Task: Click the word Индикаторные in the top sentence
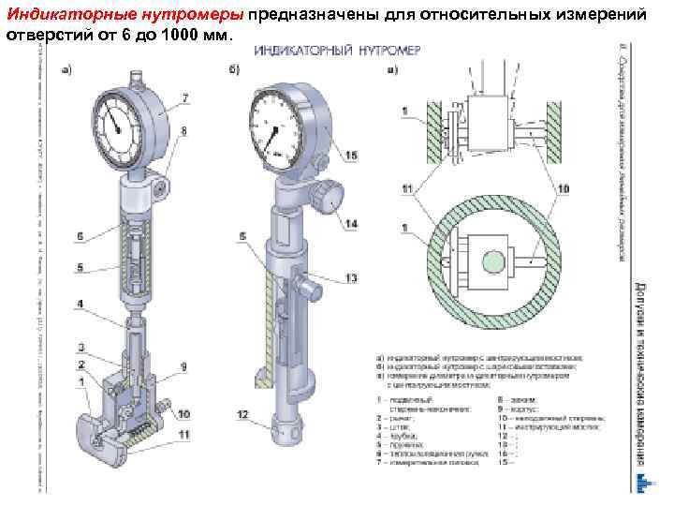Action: point(62,13)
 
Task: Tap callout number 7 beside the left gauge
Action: point(184,98)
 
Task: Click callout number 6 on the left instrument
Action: point(81,236)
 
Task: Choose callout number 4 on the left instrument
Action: point(81,304)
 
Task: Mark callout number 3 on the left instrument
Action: point(81,347)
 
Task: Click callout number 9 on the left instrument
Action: point(184,365)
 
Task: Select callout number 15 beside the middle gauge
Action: point(351,154)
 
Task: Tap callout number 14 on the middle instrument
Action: point(352,224)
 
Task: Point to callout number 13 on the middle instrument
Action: point(351,278)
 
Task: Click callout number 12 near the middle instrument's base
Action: point(242,414)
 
